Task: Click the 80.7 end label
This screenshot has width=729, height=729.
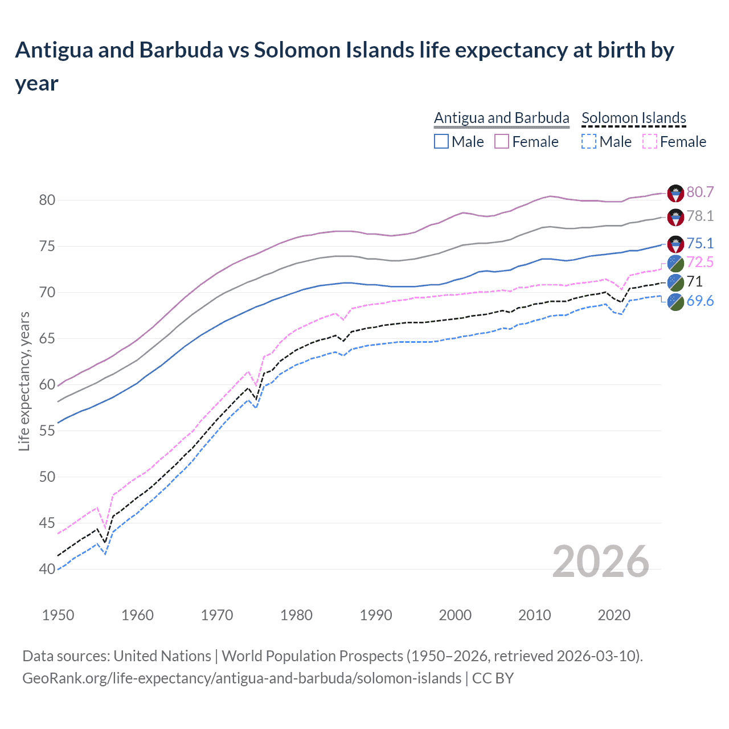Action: click(x=700, y=193)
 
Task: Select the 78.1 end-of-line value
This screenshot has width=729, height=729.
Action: click(x=700, y=216)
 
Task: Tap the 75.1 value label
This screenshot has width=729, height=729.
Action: click(x=700, y=244)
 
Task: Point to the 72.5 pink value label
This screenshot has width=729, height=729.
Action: click(x=700, y=263)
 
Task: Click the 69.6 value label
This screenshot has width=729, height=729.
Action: click(x=700, y=301)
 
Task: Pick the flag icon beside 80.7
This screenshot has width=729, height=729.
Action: click(x=675, y=193)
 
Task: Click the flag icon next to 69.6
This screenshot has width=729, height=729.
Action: click(x=675, y=301)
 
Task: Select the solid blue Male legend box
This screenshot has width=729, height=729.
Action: click(x=441, y=141)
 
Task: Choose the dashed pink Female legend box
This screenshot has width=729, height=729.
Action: click(x=650, y=141)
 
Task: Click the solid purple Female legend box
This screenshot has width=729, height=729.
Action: click(x=502, y=141)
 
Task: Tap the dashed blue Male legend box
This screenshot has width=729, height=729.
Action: click(x=589, y=141)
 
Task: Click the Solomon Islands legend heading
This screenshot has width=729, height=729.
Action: click(x=633, y=118)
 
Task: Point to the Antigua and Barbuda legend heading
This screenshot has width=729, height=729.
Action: click(x=501, y=118)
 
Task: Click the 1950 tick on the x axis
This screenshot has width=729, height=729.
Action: click(x=58, y=615)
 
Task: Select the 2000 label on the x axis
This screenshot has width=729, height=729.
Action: click(x=455, y=615)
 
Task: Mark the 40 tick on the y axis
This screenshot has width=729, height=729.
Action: click(x=47, y=569)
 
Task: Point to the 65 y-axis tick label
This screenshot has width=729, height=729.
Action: click(x=47, y=338)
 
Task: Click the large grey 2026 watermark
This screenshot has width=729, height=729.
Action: click(x=600, y=562)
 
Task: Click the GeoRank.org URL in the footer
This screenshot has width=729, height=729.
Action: click(x=241, y=678)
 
